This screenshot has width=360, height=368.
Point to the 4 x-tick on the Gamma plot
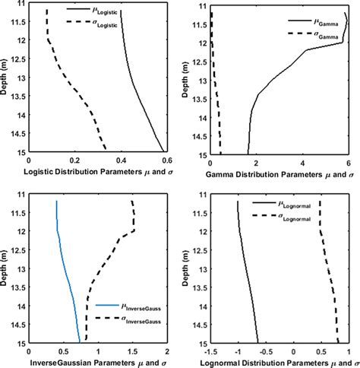tap(302, 161)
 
